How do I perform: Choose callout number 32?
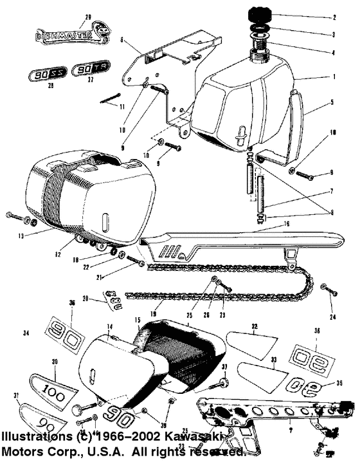pos(255,328)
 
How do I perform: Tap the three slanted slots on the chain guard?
pos(171,250)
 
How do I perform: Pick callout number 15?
pos(137,320)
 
